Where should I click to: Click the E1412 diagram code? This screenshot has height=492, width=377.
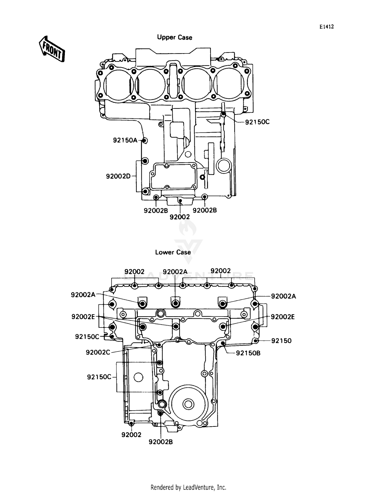coord(326,27)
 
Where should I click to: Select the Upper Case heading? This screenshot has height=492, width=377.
coord(174,37)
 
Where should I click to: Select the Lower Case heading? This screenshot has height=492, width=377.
coord(173,252)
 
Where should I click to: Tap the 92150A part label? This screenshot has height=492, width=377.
coord(125,140)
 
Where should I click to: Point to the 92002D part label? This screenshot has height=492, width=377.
coord(118,176)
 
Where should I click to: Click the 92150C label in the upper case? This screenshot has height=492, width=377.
coord(257,122)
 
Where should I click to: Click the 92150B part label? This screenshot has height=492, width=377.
coord(248,353)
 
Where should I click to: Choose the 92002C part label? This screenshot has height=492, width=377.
coord(98,353)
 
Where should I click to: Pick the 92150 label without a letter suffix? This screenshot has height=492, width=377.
coord(281,341)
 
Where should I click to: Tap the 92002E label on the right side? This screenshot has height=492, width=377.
coord(282,317)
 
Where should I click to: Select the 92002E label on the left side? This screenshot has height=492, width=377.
coord(83,317)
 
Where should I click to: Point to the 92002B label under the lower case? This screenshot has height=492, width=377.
coord(161,442)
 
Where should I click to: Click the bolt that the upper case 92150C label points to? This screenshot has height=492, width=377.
coord(223,114)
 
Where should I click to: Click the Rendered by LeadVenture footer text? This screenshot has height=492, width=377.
coord(188,487)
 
